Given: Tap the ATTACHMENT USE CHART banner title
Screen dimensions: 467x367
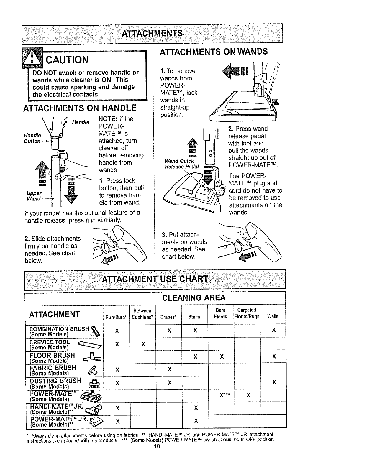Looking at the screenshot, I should click(x=155, y=279).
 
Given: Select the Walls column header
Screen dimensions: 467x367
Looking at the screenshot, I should click(x=273, y=317).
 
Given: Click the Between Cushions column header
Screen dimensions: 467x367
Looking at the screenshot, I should click(x=142, y=314).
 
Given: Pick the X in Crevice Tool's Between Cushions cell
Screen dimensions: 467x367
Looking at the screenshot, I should click(x=143, y=344).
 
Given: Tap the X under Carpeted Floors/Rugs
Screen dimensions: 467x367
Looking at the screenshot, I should click(x=248, y=395).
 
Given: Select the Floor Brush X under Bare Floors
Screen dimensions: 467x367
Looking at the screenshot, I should click(x=222, y=356).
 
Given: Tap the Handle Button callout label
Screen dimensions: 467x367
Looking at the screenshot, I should click(x=32, y=138).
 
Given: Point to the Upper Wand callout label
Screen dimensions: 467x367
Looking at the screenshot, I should click(x=33, y=195).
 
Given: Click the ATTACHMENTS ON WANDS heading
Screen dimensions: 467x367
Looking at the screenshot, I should click(x=213, y=52).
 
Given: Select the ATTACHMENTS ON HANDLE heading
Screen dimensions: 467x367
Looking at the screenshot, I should click(x=80, y=108).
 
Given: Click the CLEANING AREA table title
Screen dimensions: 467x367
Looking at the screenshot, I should click(x=194, y=297).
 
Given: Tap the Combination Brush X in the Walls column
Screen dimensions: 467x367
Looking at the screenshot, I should click(x=274, y=330).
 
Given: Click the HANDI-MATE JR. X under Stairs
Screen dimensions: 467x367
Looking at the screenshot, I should click(x=195, y=408).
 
